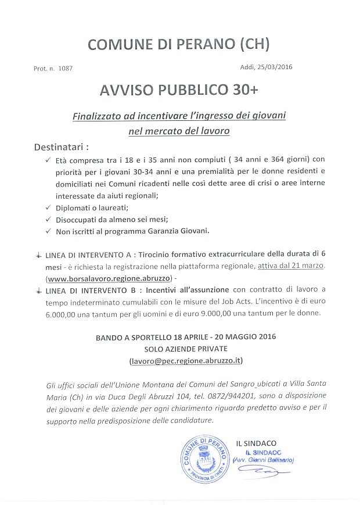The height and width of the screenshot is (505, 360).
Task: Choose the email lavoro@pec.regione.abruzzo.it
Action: pos(186,361)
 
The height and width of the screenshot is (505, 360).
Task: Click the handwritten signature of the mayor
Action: pos(269,474)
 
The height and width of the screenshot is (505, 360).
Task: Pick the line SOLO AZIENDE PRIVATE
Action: pos(185,349)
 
